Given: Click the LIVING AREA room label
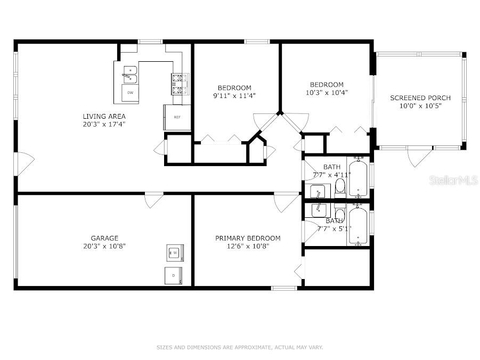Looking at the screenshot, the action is pyautogui.click(x=104, y=116).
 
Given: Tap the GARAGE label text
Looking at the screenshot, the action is pyautogui.click(x=104, y=238).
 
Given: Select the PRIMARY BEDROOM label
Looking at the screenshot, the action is pyautogui.click(x=248, y=238).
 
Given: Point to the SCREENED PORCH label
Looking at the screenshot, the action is pyautogui.click(x=420, y=98).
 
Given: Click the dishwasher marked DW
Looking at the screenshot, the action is pyautogui.click(x=131, y=93).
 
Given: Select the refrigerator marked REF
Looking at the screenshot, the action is pyautogui.click(x=177, y=117).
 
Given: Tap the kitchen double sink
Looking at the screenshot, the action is pyautogui.click(x=130, y=75).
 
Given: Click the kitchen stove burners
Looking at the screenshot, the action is pyautogui.click(x=180, y=84).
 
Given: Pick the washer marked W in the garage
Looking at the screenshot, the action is pyautogui.click(x=175, y=253).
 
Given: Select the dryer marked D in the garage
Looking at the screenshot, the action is pyautogui.click(x=174, y=275).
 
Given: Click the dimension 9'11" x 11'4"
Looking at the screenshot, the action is pyautogui.click(x=234, y=96).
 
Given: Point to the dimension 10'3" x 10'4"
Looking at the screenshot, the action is pyautogui.click(x=327, y=93).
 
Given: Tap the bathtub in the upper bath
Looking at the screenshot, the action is pyautogui.click(x=358, y=177).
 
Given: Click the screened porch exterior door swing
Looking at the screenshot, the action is pyautogui.click(x=419, y=156).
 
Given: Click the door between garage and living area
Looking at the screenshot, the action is pyautogui.click(x=154, y=200).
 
